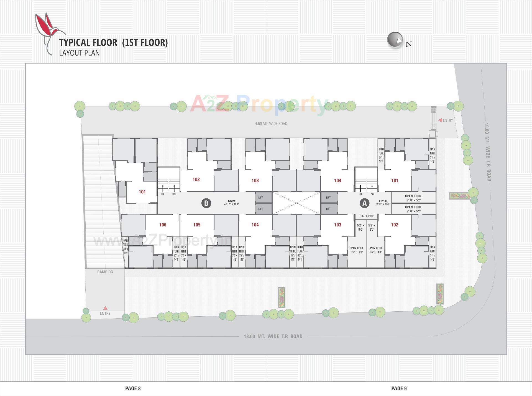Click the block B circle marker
click(206, 203)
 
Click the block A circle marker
click(364, 203)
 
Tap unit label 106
click(163, 225)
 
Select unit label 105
click(197, 225)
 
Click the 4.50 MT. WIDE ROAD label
click(271, 123)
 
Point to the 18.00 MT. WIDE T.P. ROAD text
click(273, 336)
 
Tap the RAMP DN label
click(105, 272)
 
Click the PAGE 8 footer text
click(133, 388)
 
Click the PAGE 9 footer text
click(399, 388)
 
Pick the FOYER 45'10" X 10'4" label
click(232, 203)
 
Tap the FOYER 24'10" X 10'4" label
click(383, 203)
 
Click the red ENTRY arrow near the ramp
click(105, 308)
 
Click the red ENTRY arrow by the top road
click(440, 120)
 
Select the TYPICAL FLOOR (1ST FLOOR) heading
click(113, 42)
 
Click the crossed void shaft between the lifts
click(296, 203)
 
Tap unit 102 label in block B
click(196, 179)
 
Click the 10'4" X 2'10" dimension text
click(367, 216)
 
